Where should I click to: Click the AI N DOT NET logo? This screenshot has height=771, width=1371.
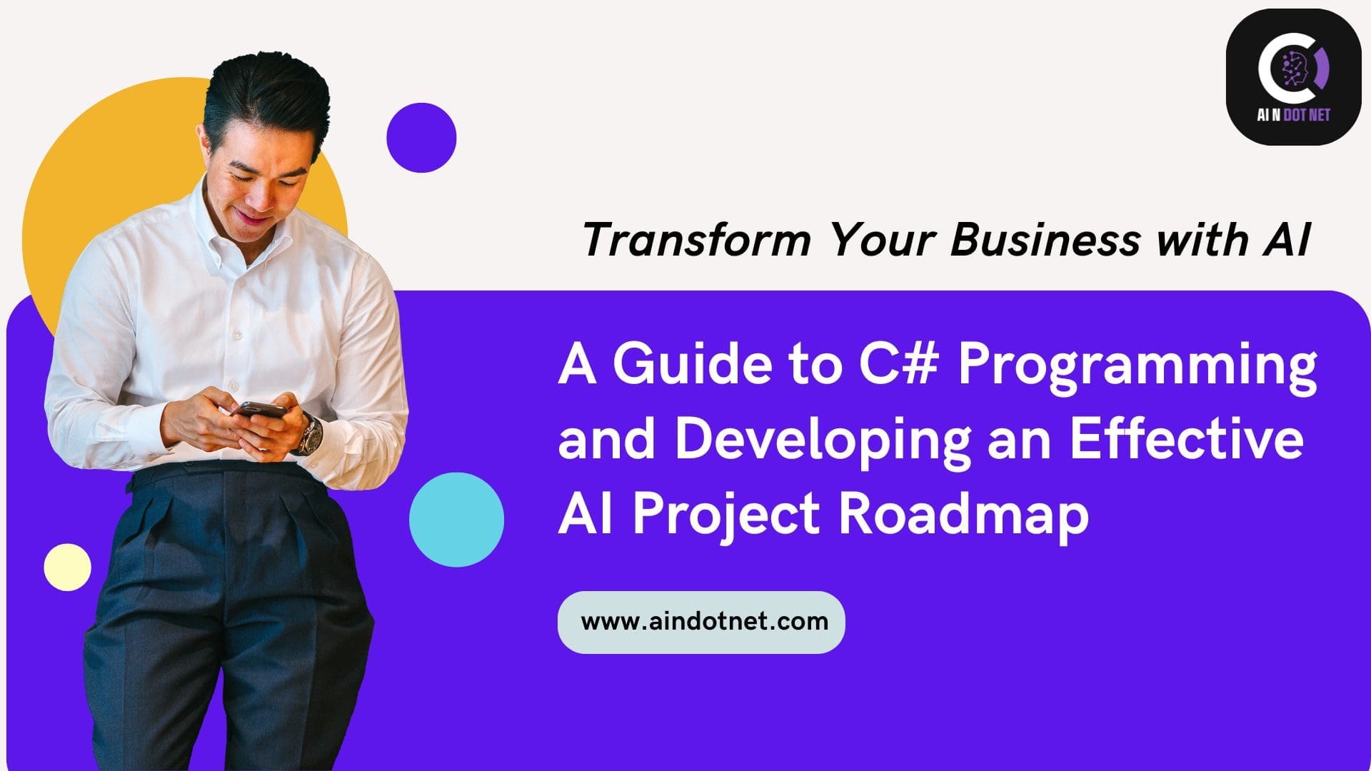[1293, 77]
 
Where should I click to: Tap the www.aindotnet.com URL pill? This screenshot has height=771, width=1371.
[701, 622]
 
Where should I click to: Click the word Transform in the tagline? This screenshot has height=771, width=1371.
[697, 240]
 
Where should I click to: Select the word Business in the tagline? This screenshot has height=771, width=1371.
[1044, 240]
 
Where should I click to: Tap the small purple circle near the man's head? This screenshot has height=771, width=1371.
[421, 138]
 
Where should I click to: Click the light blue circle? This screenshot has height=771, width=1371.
[456, 520]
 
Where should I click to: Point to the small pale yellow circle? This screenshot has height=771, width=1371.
[68, 568]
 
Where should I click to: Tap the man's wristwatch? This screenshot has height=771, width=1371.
[308, 433]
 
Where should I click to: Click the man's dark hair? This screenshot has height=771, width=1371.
[264, 93]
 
